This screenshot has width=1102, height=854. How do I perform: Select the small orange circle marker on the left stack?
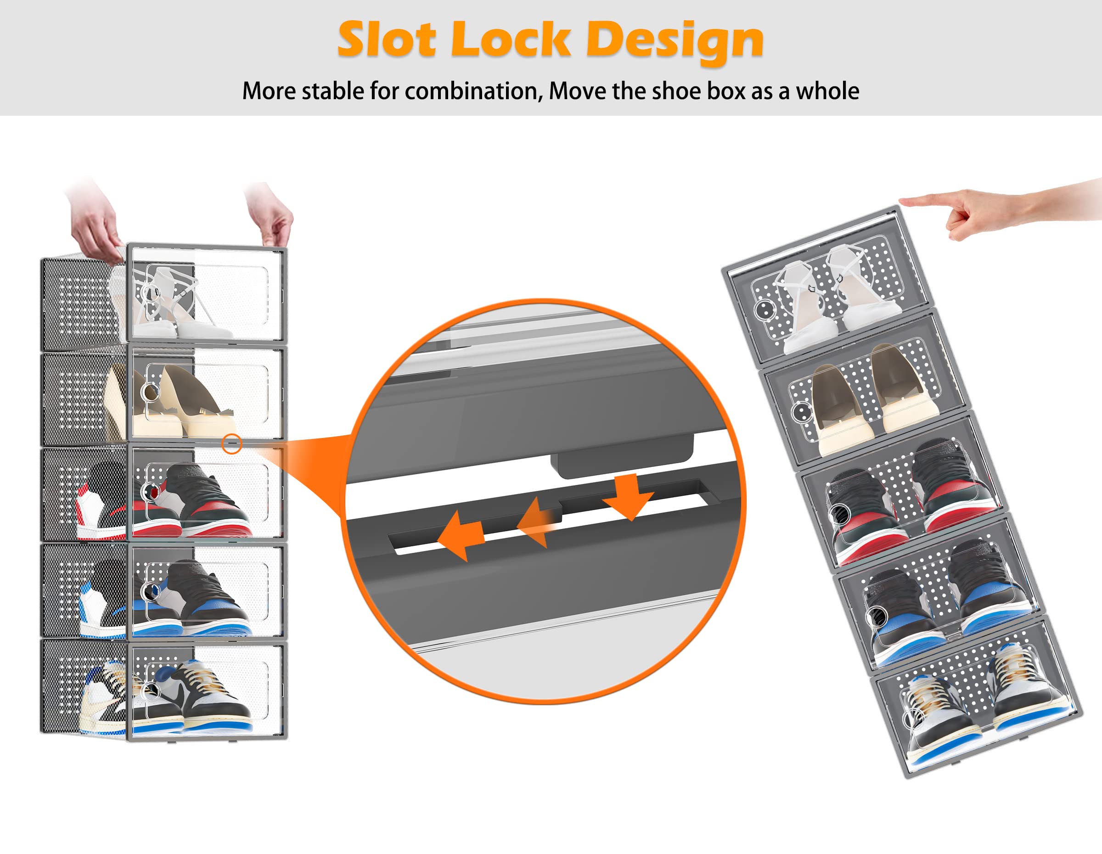tap(231, 444)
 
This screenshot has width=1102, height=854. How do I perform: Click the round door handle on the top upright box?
tap(148, 292)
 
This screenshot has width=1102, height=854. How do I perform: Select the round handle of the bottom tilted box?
tap(912, 717)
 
